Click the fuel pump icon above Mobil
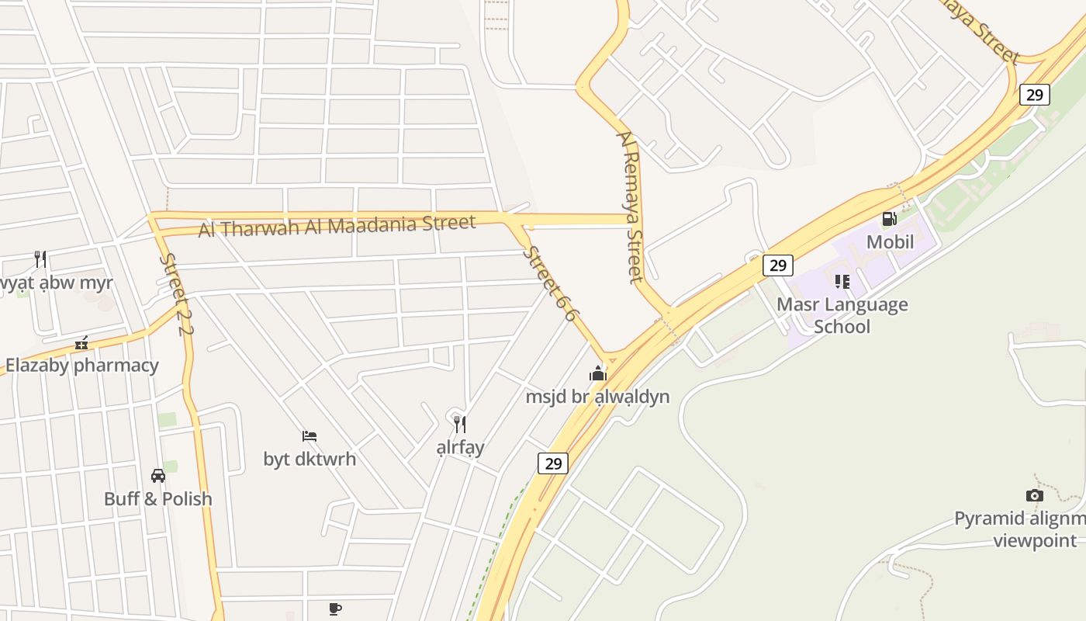[889, 219]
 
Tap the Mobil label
[890, 241]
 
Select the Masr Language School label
[842, 315]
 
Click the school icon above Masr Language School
[842, 281]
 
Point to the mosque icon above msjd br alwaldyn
[597, 373]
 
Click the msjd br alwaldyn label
[597, 397]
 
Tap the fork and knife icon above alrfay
[460, 424]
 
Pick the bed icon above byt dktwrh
[310, 435]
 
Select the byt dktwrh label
[310, 459]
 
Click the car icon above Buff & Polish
[158, 475]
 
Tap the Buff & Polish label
[158, 498]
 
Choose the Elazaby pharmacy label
[82, 365]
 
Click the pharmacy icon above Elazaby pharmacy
[81, 342]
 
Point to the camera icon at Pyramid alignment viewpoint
[1034, 495]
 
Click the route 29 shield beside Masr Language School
[777, 265]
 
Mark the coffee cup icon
[335, 609]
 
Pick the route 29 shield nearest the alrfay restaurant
[553, 463]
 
